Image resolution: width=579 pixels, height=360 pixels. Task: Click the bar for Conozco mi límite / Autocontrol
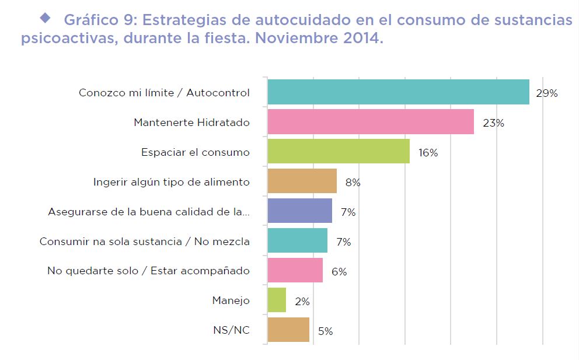pos(398,92)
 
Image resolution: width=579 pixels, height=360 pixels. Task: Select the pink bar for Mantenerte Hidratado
pos(371,122)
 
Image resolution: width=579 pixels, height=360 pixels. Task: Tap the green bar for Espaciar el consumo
pos(339,152)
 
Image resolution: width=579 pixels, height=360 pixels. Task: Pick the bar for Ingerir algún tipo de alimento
pos(302,181)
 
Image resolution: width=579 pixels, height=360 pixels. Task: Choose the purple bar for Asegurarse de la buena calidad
pos(299,211)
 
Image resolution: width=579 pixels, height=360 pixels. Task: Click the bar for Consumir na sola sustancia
pos(297,241)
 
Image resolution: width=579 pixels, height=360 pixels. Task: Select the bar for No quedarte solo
pos(295,271)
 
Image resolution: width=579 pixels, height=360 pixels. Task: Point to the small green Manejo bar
pos(277,300)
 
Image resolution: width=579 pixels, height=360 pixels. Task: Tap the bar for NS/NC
pos(288,330)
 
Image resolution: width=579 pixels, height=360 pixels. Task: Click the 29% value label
pos(547,93)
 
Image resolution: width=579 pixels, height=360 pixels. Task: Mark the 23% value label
pos(493,123)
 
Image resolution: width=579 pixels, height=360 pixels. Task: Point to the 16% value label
pos(428,153)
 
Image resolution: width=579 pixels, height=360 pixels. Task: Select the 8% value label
pos(353,183)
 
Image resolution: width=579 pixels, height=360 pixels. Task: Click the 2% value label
pos(302,302)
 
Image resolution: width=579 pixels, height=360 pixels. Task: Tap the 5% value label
pos(325,331)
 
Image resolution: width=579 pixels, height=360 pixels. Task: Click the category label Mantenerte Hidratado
pos(191,123)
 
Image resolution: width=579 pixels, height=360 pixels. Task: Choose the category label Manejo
pos(231,301)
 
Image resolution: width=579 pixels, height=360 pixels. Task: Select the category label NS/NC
pos(232,331)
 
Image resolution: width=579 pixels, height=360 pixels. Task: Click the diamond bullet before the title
pos(46,18)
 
